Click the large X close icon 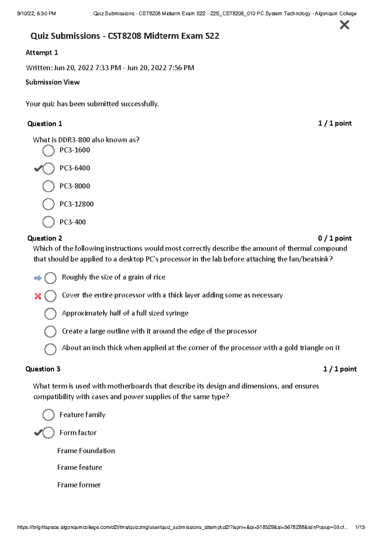[344, 25]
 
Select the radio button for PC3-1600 [48, 150]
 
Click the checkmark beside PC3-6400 [38, 169]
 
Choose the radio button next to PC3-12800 [48, 204]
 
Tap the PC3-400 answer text [73, 222]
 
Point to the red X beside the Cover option [38, 296]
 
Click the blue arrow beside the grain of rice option [38, 278]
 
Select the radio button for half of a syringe [50, 314]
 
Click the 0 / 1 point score [335, 238]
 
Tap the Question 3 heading [43, 369]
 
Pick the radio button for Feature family [48, 415]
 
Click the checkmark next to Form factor [38, 433]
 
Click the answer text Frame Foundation [86, 451]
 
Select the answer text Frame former [79, 485]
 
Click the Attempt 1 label [42, 52]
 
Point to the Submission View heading [53, 82]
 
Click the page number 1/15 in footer [360, 527]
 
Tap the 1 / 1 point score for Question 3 [340, 369]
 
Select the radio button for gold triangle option [50, 349]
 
